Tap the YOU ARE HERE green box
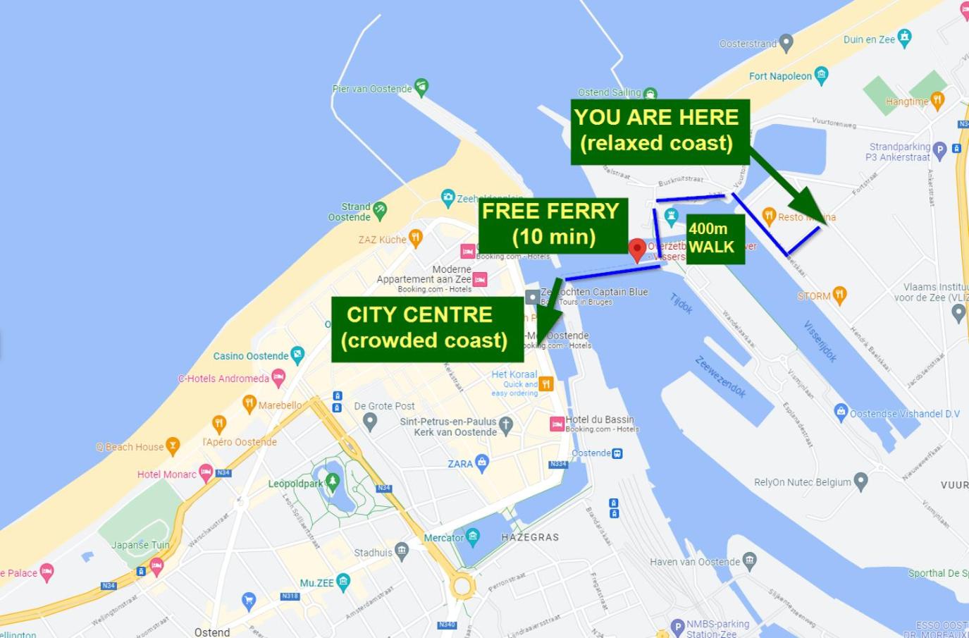click(x=660, y=131)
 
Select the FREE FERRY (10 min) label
click(x=553, y=224)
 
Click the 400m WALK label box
click(x=714, y=238)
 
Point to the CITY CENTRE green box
click(x=427, y=328)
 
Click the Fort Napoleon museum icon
click(x=821, y=74)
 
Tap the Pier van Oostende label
click(x=372, y=89)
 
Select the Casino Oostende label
click(x=251, y=356)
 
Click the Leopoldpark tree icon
click(x=333, y=481)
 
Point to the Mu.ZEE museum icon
click(x=343, y=581)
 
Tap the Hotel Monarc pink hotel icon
click(x=206, y=472)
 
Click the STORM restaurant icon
click(x=839, y=295)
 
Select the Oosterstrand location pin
click(x=786, y=43)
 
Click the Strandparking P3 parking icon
click(x=939, y=149)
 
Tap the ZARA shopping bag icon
click(x=482, y=462)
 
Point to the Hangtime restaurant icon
click(x=937, y=100)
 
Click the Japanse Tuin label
click(x=140, y=545)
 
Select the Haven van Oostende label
click(x=695, y=562)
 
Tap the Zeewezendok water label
click(x=720, y=377)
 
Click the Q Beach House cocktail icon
click(x=173, y=446)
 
